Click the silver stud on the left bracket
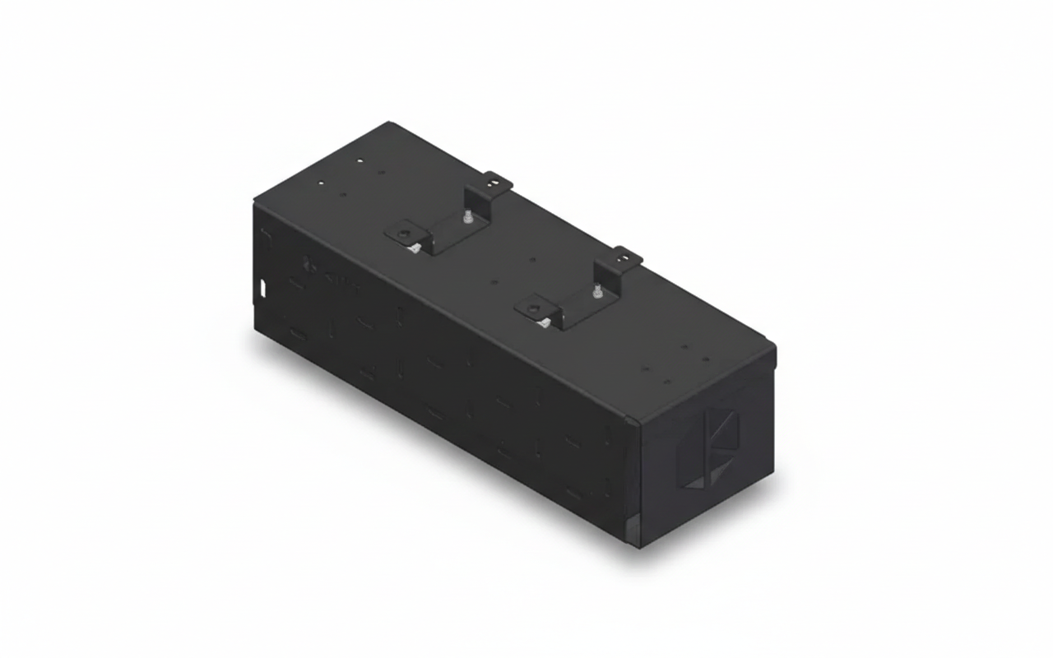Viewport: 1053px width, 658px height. point(467,218)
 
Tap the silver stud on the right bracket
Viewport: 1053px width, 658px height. point(596,291)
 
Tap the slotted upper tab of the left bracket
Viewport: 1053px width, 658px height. point(496,180)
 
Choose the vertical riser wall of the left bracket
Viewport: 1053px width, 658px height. point(477,202)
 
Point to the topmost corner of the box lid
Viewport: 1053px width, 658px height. point(390,123)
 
